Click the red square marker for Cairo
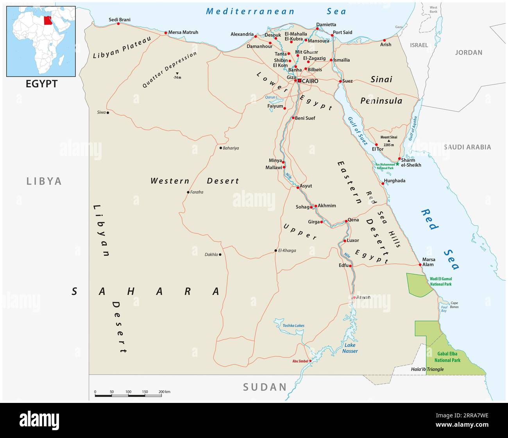[x=299, y=81]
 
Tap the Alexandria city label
[x=242, y=34]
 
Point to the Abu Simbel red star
[x=310, y=361]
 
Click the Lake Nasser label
[x=350, y=348]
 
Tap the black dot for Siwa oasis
[x=108, y=112]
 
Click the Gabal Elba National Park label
[x=447, y=357]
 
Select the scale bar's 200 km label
[x=164, y=392]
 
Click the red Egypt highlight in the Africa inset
[x=48, y=20]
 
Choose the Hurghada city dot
[x=383, y=183]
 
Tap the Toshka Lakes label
[x=293, y=325]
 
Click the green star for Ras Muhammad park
[x=397, y=164]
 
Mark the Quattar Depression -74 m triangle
[x=177, y=73]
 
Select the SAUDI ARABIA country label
[x=467, y=147]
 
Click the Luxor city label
[x=353, y=240]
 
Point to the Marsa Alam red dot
[x=420, y=264]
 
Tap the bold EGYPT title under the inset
[x=41, y=83]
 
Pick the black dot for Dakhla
[x=220, y=255]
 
